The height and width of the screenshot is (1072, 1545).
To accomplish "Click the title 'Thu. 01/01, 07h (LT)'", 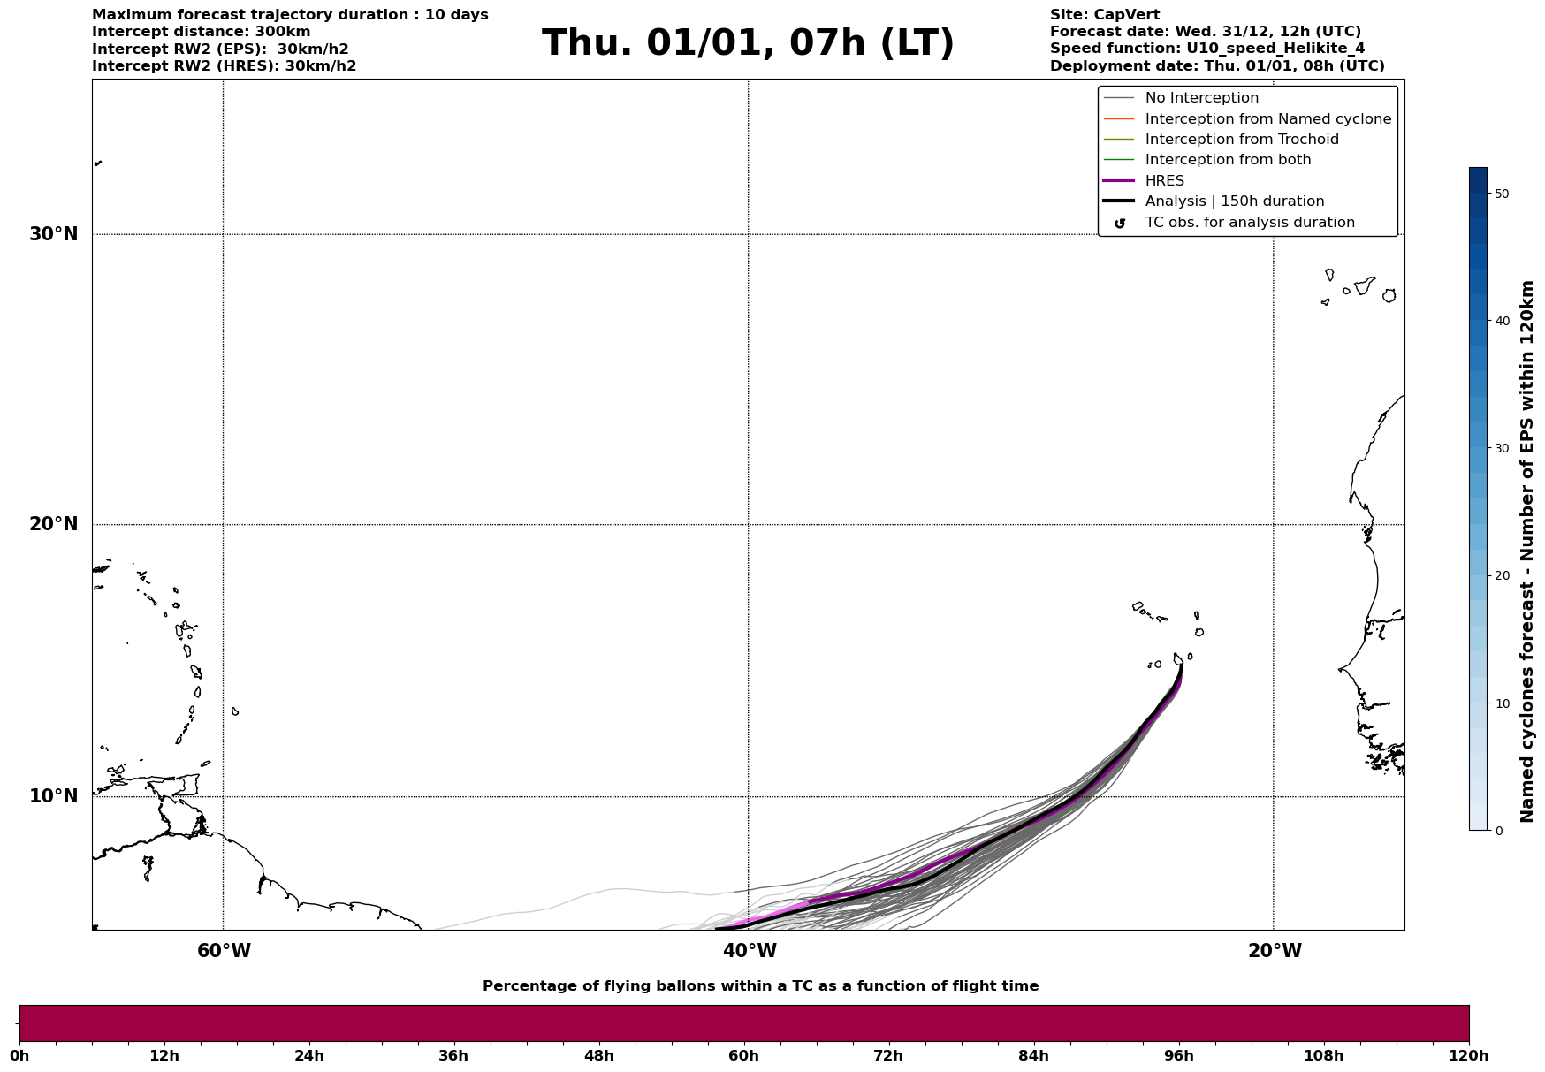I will [748, 43].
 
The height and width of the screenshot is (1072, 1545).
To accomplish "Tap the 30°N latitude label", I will [53, 234].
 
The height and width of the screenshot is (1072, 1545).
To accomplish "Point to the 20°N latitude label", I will [53, 524].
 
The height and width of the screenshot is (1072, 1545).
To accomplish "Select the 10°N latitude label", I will [53, 796].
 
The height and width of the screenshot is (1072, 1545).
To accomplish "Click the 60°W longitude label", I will [224, 951].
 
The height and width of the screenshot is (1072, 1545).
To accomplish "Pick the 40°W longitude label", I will [750, 951].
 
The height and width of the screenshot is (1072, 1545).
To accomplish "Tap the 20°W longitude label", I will [1275, 951].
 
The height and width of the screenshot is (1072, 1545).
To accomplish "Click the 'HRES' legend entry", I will [1164, 181].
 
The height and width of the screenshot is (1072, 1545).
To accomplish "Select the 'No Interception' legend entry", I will [1201, 98].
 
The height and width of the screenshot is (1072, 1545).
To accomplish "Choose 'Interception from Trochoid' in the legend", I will [1241, 140].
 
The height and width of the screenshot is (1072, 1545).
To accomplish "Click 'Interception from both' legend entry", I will [1228, 160].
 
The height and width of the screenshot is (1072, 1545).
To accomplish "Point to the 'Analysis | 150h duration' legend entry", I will [1234, 201].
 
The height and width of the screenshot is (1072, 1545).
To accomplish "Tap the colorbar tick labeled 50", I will [1501, 194].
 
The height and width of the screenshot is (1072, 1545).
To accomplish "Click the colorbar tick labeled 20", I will [1501, 576].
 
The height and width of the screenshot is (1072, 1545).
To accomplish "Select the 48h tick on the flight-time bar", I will [598, 1055].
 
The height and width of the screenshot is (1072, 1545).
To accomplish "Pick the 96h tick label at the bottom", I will [1178, 1055].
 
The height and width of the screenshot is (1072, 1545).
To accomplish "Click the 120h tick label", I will [1467, 1055].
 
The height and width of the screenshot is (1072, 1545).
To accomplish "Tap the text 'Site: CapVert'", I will [1104, 15].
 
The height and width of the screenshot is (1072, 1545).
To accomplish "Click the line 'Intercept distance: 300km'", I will [201, 32].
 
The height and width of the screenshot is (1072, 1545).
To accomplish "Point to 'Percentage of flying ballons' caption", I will [760, 986].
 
